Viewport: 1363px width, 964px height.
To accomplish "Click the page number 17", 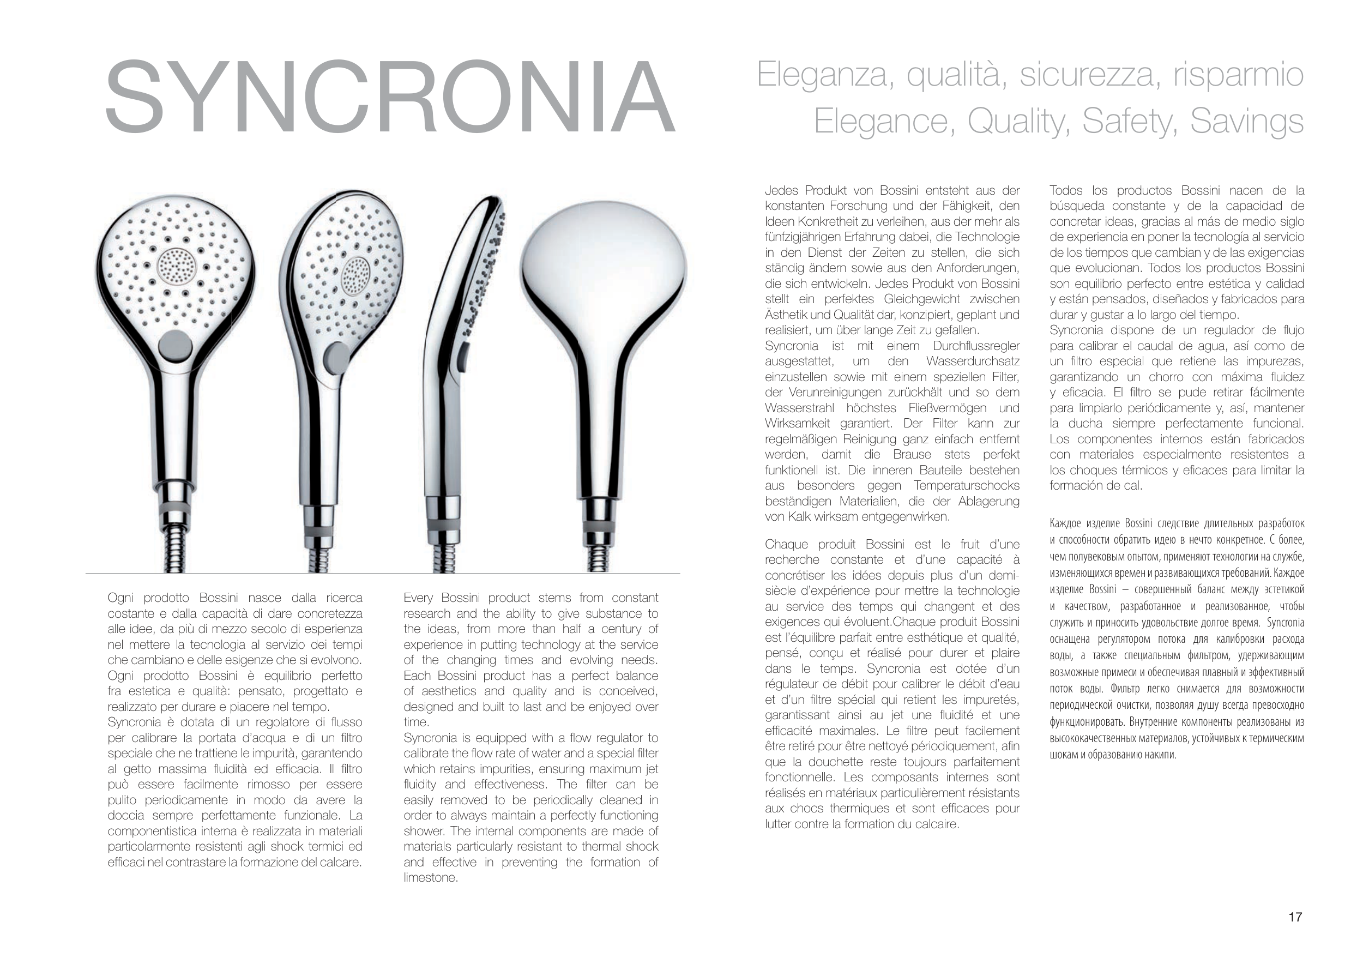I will pyautogui.click(x=1295, y=917).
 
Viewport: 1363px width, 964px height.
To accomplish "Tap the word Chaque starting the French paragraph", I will pyautogui.click(x=788, y=545).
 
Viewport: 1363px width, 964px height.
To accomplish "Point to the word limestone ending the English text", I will pyautogui.click(x=430, y=878).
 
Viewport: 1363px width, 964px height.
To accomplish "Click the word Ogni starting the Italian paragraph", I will pyautogui.click(x=121, y=598).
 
